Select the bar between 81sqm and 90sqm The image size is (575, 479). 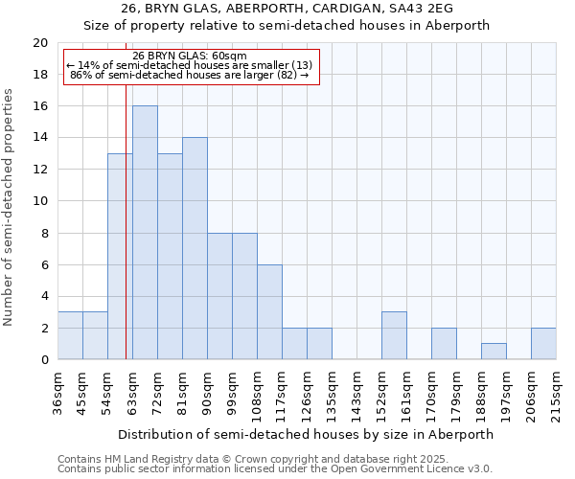click(x=195, y=249)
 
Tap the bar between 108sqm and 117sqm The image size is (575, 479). click(x=269, y=312)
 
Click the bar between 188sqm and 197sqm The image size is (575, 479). click(x=494, y=352)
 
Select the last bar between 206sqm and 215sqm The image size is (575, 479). click(x=543, y=344)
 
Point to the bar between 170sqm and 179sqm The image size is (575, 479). click(x=444, y=344)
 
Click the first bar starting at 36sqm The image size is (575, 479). click(x=70, y=335)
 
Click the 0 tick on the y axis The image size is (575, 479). click(x=44, y=359)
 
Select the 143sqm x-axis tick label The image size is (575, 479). click(x=356, y=393)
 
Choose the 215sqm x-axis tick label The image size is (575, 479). click(x=556, y=393)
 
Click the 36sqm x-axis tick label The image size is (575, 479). click(x=57, y=393)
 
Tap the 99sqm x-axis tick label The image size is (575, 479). click(x=232, y=393)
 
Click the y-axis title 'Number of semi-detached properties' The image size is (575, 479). click(x=10, y=207)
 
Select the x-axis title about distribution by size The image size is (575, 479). click(x=307, y=434)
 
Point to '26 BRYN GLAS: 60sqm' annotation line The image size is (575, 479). click(x=190, y=56)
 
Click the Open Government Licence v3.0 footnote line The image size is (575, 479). click(x=275, y=469)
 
